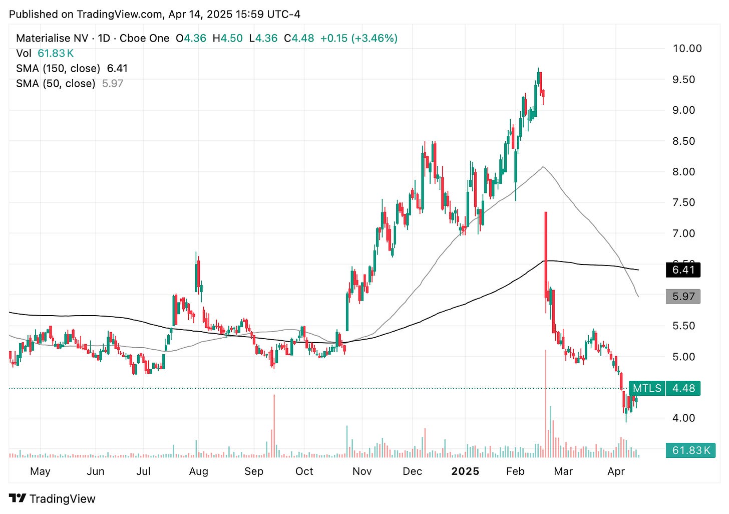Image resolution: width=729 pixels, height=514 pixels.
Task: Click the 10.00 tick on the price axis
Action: [x=686, y=49]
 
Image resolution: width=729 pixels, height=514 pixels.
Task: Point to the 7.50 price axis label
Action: [x=683, y=202]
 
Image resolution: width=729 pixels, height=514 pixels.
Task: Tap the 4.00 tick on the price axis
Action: [x=683, y=418]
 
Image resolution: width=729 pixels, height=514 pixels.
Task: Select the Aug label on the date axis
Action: [x=199, y=471]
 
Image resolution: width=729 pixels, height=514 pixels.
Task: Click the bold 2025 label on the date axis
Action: [x=465, y=471]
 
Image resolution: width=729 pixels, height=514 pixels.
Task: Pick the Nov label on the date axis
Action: [x=362, y=471]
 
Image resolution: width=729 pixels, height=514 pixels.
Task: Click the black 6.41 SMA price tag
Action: [x=683, y=270]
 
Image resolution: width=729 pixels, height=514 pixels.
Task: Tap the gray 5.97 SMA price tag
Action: [x=683, y=297]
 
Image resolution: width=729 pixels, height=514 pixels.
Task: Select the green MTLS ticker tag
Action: [x=646, y=388]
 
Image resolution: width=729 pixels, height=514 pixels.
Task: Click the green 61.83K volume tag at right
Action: [x=690, y=450]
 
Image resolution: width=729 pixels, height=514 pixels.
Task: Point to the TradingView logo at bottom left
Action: [x=52, y=498]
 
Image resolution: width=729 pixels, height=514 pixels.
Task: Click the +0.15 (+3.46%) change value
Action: [x=358, y=38]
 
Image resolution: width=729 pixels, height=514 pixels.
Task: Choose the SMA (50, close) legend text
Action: [x=56, y=83]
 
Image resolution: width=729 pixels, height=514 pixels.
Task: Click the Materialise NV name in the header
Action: [x=52, y=38]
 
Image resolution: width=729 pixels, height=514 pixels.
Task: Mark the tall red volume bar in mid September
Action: [x=274, y=426]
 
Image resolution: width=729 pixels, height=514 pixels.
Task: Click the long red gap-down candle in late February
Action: [x=546, y=255]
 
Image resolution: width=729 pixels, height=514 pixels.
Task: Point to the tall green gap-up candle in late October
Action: [x=347, y=311]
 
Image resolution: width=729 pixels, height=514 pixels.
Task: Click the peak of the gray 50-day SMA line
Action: [x=543, y=167]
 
